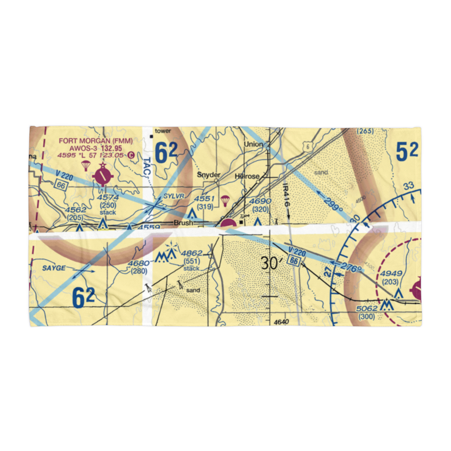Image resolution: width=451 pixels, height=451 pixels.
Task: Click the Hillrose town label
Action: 247,176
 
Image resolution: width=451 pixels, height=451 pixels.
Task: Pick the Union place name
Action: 253,144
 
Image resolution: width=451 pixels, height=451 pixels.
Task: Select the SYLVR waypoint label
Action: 171,196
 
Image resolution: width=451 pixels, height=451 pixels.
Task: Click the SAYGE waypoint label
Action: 54,268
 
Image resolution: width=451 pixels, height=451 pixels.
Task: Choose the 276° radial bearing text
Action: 352,269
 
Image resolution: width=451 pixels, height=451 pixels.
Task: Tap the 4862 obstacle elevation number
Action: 192,254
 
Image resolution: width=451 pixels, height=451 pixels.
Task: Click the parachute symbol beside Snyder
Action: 225,200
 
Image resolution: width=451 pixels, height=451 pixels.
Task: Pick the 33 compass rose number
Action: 409,185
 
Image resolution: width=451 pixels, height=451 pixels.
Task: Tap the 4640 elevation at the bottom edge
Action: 281,322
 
